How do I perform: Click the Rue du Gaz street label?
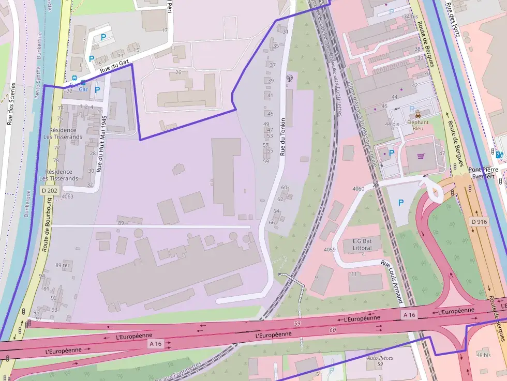click(114, 66)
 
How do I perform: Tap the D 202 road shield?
click(49, 191)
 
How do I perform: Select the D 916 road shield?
click(479, 222)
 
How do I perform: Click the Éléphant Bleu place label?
click(417, 125)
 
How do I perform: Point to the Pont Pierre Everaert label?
click(481, 173)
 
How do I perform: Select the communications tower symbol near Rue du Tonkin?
click(289, 79)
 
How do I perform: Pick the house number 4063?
click(67, 196)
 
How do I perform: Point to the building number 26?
click(178, 72)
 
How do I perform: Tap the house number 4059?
click(330, 250)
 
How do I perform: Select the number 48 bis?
click(484, 355)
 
